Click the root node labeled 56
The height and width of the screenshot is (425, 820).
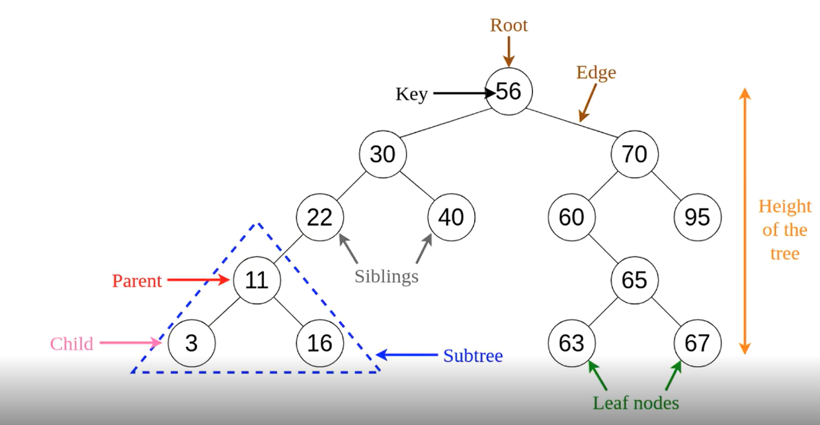(509, 91)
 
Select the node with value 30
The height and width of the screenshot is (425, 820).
(382, 154)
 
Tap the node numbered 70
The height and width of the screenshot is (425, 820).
(634, 154)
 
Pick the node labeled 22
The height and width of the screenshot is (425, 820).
(319, 217)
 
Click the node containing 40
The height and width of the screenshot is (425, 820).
(451, 217)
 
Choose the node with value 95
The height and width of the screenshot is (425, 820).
(697, 217)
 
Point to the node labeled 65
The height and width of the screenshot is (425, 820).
(634, 280)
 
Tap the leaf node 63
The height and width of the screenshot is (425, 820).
(571, 343)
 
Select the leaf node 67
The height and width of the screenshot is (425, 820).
(697, 343)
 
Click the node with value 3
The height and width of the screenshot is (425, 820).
(190, 343)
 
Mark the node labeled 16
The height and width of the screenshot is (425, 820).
(319, 343)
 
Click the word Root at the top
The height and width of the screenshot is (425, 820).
(509, 25)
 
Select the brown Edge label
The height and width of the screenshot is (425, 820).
(596, 72)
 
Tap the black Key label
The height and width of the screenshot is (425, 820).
(411, 95)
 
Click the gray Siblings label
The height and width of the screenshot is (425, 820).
(386, 276)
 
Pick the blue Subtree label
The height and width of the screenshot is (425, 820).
(473, 355)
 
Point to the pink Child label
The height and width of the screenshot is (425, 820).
(71, 344)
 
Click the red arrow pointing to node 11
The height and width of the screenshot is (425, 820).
(197, 280)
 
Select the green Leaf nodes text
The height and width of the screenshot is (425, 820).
(635, 402)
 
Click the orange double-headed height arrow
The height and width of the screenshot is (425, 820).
(745, 218)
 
